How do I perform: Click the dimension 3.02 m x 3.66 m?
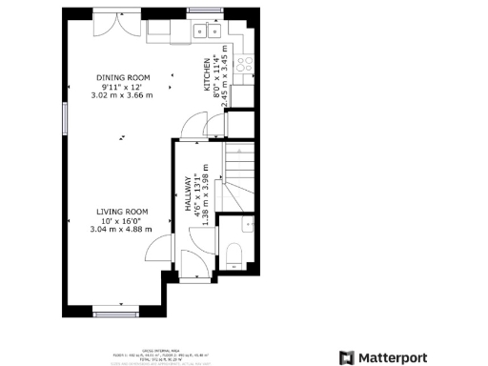point(121,95)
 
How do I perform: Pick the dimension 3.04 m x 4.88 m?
point(121,229)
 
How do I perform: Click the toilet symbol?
point(234,254)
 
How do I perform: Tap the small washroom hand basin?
point(248,225)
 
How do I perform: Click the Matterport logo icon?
point(347,357)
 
